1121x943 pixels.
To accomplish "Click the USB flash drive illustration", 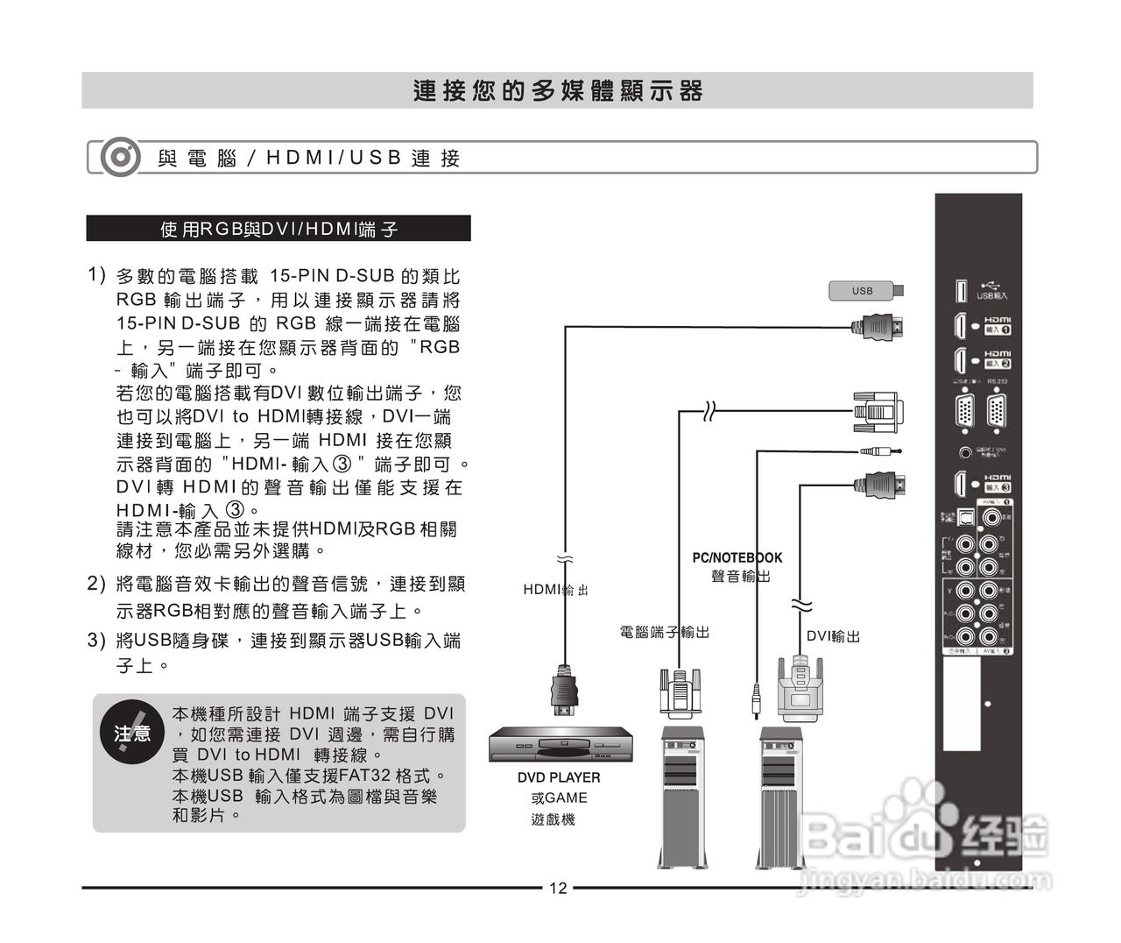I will (x=865, y=290).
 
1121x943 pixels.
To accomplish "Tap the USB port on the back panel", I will (x=961, y=291).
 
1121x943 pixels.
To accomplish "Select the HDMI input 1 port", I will (x=961, y=326).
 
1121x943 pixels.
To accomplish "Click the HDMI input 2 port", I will (x=961, y=360).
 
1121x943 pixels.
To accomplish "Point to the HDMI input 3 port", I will (x=961, y=484).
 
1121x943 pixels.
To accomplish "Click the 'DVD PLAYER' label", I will (x=559, y=777).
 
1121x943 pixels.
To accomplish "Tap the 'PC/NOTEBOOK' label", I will (x=737, y=557).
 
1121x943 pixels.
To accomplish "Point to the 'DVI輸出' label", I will (x=833, y=637).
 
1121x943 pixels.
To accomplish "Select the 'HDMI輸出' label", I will (x=555, y=590).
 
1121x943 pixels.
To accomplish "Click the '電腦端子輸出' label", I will (x=665, y=632).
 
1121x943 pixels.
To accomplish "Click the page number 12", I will (x=558, y=889).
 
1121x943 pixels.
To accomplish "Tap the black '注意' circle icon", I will (x=132, y=733).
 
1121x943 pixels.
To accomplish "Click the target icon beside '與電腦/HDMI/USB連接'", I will (x=120, y=158).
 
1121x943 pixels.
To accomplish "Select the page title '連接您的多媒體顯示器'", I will (x=558, y=91).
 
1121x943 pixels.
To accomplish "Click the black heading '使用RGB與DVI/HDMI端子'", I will (x=278, y=229).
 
